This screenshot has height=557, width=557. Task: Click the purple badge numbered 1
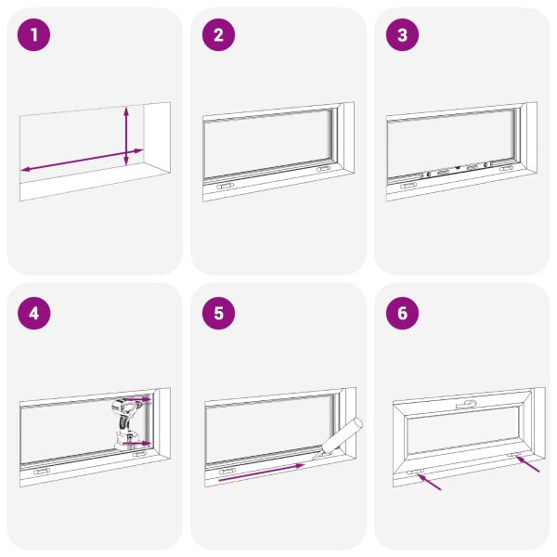pyautogui.click(x=33, y=35)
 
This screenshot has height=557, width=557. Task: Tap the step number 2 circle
pyautogui.click(x=218, y=35)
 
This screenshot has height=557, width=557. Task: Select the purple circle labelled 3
pyautogui.click(x=402, y=35)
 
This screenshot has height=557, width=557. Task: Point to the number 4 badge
pyautogui.click(x=33, y=314)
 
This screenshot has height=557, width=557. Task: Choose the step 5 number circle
pyautogui.click(x=218, y=314)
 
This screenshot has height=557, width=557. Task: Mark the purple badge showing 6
pyautogui.click(x=402, y=314)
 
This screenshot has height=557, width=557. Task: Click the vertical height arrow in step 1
pyautogui.click(x=126, y=136)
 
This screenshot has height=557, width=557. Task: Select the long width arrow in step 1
pyautogui.click(x=82, y=160)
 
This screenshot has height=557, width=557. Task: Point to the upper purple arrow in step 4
pyautogui.click(x=136, y=399)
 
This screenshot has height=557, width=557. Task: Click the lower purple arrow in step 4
pyautogui.click(x=136, y=444)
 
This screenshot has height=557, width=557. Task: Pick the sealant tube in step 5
pyautogui.click(x=338, y=440)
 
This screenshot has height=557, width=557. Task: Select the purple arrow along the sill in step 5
pyautogui.click(x=262, y=473)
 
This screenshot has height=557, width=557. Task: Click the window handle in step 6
pyautogui.click(x=466, y=404)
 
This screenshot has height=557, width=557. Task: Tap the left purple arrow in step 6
pyautogui.click(x=429, y=482)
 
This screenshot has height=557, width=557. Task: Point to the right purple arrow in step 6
pyautogui.click(x=527, y=464)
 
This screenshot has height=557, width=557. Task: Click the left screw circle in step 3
pyautogui.click(x=429, y=175)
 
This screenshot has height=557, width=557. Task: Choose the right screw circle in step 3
pyautogui.click(x=486, y=165)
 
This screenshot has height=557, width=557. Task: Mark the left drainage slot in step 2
pyautogui.click(x=226, y=187)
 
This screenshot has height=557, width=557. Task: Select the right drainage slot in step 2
pyautogui.click(x=323, y=169)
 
